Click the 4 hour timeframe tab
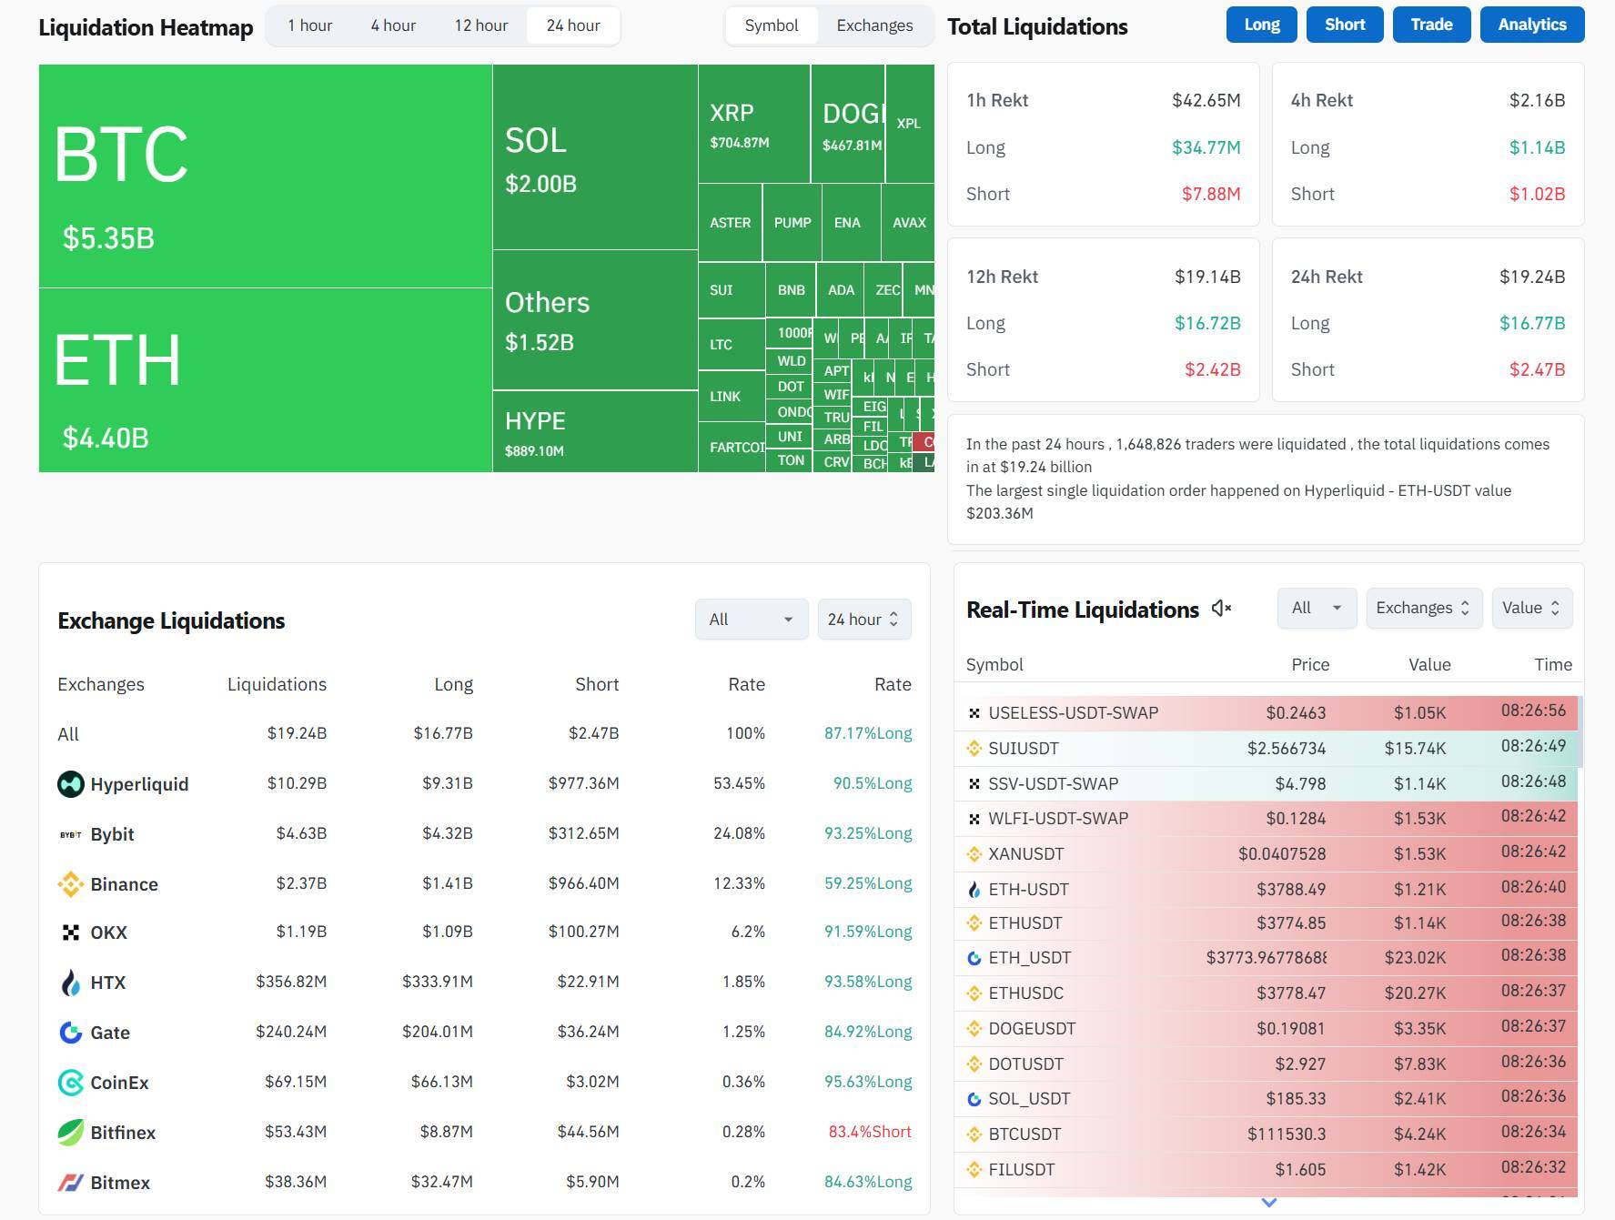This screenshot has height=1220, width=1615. (393, 25)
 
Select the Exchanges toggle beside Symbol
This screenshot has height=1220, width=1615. (874, 25)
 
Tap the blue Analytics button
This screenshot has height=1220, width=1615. (1532, 25)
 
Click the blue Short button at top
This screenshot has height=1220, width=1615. (1345, 25)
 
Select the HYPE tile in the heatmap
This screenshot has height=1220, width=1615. (595, 432)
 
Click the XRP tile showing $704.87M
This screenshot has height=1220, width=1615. (753, 125)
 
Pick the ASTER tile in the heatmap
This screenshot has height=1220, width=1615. (730, 223)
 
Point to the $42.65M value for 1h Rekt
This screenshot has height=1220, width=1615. (1206, 100)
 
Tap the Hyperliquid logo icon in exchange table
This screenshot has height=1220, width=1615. (70, 784)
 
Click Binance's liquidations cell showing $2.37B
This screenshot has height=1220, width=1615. (301, 883)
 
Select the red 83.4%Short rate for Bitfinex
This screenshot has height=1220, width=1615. (869, 1132)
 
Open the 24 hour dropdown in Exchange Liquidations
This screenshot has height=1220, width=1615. (863, 620)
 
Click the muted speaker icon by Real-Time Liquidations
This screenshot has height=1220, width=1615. (1221, 609)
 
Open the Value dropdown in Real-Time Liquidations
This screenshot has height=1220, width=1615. (1531, 608)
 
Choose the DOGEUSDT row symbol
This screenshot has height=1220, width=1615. (1032, 1029)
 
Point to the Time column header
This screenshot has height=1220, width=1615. (1552, 664)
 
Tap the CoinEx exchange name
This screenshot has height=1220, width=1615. (119, 1083)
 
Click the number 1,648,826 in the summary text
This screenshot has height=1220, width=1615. (1166, 444)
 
